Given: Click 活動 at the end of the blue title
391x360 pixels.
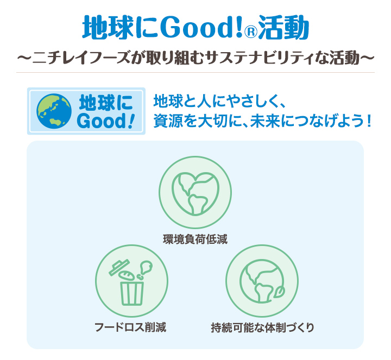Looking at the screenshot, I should coord(284,26).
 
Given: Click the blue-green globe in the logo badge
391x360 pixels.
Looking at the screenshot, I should coord(53,111).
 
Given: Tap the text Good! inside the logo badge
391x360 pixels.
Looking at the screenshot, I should coord(106,121).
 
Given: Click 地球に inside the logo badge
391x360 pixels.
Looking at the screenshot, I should coord(106,102).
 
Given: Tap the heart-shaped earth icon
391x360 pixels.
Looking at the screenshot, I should coord(195,192).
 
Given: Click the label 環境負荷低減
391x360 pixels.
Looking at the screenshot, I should coord(195,239).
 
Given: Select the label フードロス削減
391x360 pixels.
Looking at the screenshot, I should coord(130,327).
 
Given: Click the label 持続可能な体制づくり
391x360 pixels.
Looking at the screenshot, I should coord(262,327).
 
